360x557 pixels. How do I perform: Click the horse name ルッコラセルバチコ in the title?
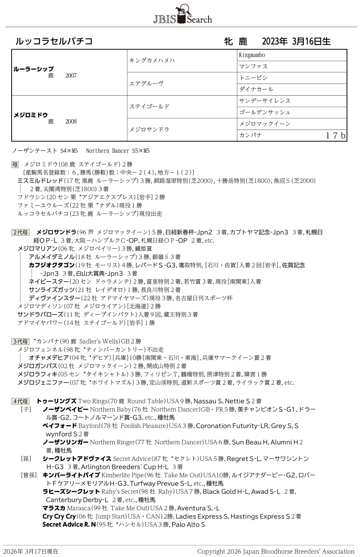pos(54,41)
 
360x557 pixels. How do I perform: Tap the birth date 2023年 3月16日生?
pos(296,41)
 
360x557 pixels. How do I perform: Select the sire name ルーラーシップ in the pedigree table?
pos(34,68)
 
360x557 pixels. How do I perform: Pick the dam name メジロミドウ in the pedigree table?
pos(31,115)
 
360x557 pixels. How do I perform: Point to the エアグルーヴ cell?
pos(146,84)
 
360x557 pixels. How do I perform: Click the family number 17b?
pos(335,136)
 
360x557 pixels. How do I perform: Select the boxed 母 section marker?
pos(15,164)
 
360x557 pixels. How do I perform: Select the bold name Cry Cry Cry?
pos(59,516)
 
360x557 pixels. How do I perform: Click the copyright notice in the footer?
pos(275,551)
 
